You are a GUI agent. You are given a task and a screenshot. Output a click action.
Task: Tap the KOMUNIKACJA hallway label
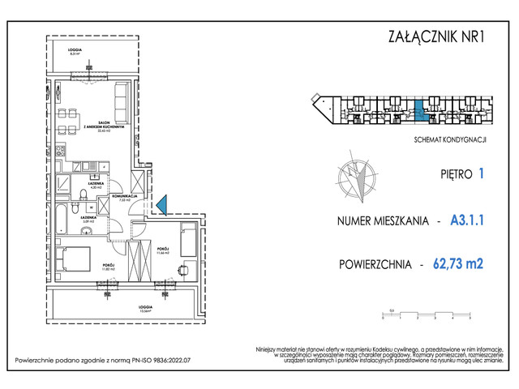click(x=127, y=197)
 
